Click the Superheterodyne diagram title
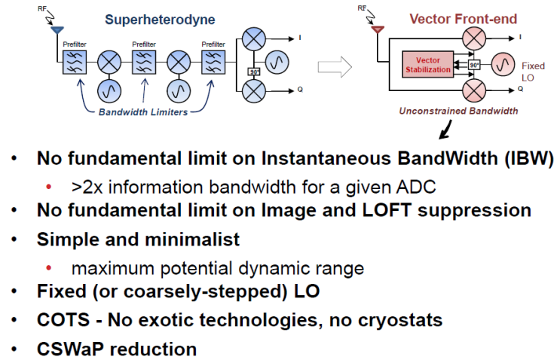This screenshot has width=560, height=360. click(x=160, y=20)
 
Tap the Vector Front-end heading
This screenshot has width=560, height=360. click(x=464, y=19)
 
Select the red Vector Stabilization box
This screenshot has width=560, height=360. click(x=428, y=65)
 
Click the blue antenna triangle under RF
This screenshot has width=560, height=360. click(x=57, y=30)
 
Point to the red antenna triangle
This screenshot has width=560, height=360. click(x=378, y=29)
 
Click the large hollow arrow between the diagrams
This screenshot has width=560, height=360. click(x=335, y=67)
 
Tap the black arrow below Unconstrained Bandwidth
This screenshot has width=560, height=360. click(x=445, y=130)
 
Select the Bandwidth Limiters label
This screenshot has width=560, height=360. click(x=143, y=112)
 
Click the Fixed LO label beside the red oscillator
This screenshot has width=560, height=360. click(x=533, y=72)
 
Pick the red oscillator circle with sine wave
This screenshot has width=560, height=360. click(x=503, y=65)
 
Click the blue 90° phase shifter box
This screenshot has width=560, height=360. click(x=254, y=72)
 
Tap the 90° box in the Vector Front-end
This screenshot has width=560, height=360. click(x=474, y=65)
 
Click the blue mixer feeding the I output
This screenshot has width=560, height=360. click(x=253, y=38)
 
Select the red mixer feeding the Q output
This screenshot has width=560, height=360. click(x=474, y=90)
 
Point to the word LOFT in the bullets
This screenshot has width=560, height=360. click(x=387, y=210)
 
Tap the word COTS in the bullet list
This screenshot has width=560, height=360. click(x=63, y=319)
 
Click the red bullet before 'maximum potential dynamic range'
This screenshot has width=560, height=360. click(x=49, y=267)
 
